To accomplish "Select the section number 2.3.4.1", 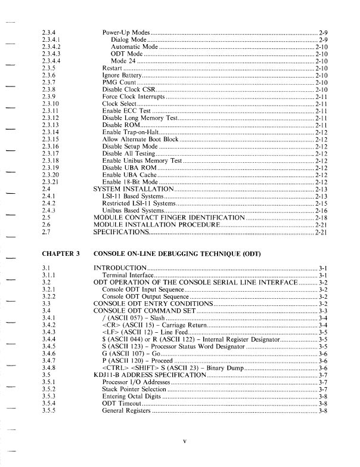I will pyautogui.click(x=52, y=38).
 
